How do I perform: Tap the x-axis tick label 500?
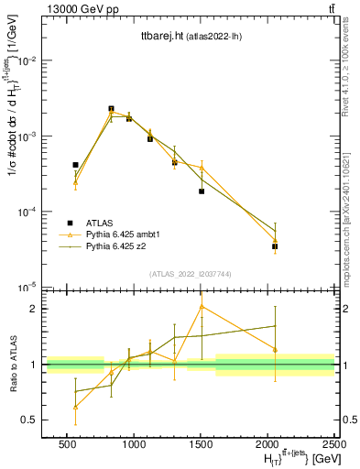pos(67,444)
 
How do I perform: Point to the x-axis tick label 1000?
pos(134,444)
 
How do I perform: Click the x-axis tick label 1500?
pos(201,444)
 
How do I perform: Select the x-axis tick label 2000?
pos(267,444)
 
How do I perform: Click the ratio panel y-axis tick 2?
pos(36,309)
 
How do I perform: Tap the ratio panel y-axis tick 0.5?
pos(32,420)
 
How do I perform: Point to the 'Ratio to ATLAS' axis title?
pos(13,365)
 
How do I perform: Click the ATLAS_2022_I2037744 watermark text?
pos(190,274)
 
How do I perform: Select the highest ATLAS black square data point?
pos(111,108)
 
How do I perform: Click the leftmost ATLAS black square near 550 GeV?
pos(75,165)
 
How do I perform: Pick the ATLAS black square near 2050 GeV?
pos(275,246)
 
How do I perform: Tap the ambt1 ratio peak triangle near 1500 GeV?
pos(202,307)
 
